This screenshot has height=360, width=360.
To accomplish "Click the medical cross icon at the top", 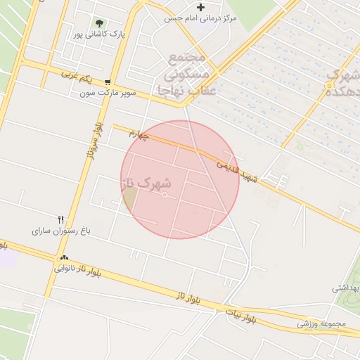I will pos(201,8).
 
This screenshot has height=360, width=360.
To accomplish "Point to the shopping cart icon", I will pos(107,82).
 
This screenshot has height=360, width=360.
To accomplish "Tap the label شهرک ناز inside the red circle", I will pos(146,184).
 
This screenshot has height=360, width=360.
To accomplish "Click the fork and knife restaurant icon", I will pos(61,219).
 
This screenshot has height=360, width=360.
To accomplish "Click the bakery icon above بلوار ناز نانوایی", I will pos(65,257).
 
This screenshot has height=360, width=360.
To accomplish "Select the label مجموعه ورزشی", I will pos(323,323).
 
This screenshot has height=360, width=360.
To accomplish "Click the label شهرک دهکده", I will pos(345,82).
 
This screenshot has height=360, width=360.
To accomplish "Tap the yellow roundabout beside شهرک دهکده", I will pos(329,86).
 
